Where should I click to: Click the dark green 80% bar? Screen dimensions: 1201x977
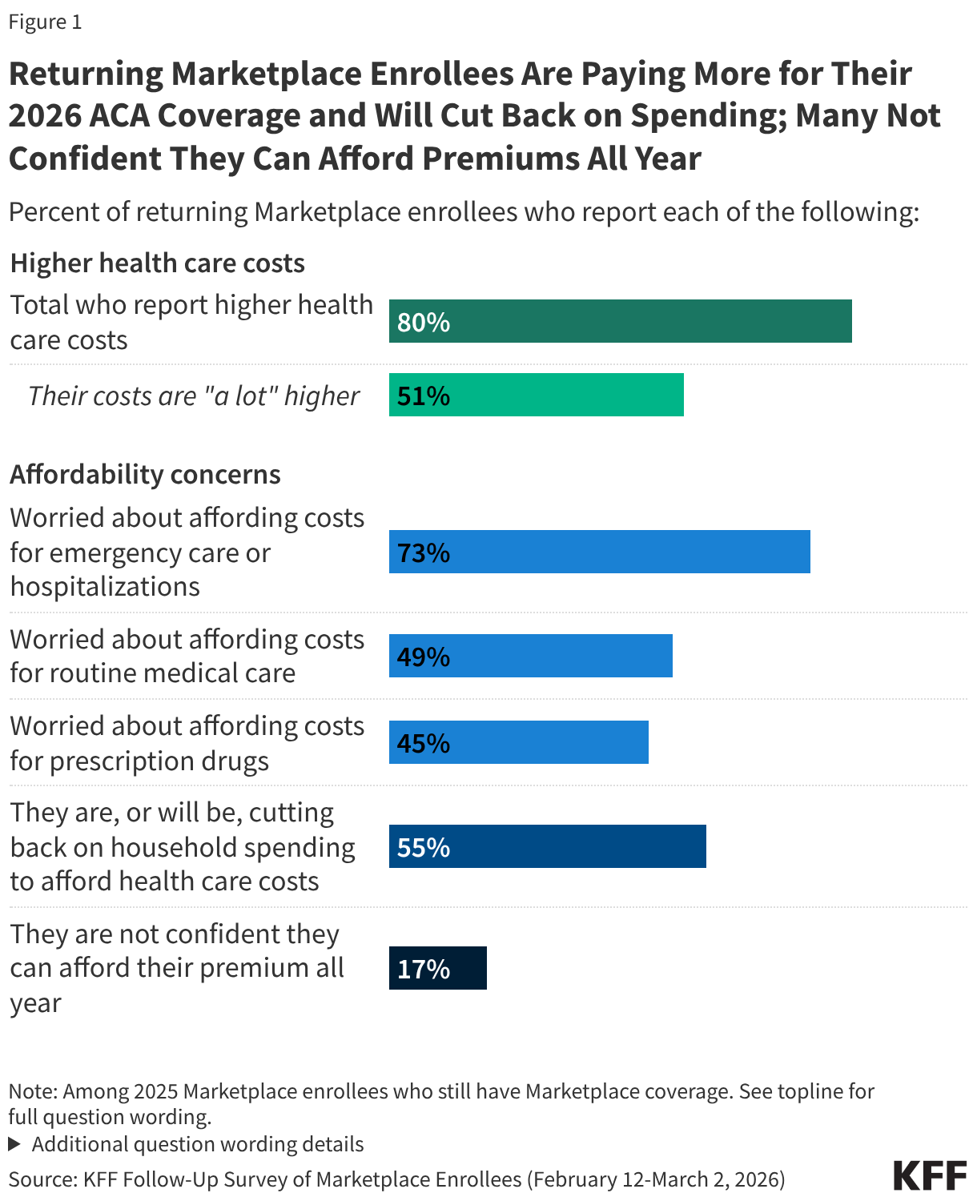click(x=620, y=321)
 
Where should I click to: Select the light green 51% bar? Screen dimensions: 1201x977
click(x=536, y=395)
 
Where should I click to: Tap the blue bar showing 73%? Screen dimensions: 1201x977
click(x=599, y=552)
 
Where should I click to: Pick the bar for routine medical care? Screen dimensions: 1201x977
click(x=530, y=656)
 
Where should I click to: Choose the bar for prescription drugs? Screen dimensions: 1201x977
click(x=518, y=742)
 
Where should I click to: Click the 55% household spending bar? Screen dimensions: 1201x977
click(x=547, y=846)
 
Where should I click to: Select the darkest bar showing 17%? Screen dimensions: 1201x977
click(x=437, y=968)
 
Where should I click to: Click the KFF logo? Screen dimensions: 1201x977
click(x=930, y=1175)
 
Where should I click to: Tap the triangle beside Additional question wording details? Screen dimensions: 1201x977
click(x=14, y=1143)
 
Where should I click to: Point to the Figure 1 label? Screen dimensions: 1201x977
click(x=45, y=22)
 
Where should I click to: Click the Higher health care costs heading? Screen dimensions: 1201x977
click(x=157, y=263)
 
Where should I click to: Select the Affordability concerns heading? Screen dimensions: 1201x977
click(x=145, y=474)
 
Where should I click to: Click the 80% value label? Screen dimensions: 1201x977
click(x=424, y=322)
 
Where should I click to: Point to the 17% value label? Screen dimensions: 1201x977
click(x=424, y=969)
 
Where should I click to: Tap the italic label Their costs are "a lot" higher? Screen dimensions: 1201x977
click(x=194, y=396)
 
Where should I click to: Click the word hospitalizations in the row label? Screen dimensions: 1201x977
click(x=105, y=586)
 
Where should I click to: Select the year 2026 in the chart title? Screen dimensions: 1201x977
click(x=44, y=115)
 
